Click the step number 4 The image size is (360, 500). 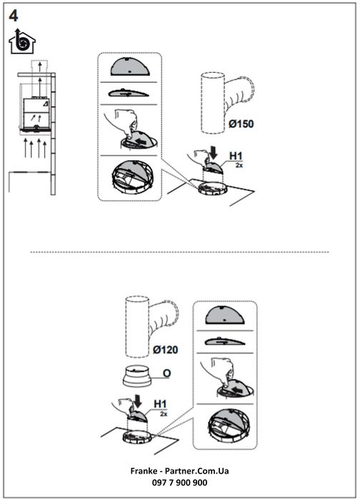pyautogui.click(x=14, y=16)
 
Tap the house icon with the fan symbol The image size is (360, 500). pyautogui.click(x=22, y=41)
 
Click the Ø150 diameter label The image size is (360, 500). pyautogui.click(x=241, y=124)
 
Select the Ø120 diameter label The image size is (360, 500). pyautogui.click(x=165, y=350)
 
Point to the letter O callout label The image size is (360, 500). pyautogui.click(x=166, y=373)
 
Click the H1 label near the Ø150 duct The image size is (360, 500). pyautogui.click(x=236, y=156)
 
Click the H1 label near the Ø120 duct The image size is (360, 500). pyautogui.click(x=161, y=404)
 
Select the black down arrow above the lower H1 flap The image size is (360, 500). pyautogui.click(x=138, y=401)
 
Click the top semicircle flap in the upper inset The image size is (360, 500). pyautogui.click(x=130, y=66)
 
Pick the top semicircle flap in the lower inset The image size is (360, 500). pyautogui.click(x=225, y=315)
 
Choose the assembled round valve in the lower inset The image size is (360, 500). pyautogui.click(x=227, y=425)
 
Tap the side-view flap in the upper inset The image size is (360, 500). pyautogui.click(x=128, y=93)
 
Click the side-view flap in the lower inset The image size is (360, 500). pyautogui.click(x=225, y=341)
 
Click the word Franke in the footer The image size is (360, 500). pyautogui.click(x=144, y=471)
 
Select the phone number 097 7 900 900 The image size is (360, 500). pyautogui.click(x=179, y=483)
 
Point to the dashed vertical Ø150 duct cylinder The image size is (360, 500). pyautogui.click(x=213, y=103)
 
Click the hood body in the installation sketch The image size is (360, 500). pyautogui.click(x=36, y=112)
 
